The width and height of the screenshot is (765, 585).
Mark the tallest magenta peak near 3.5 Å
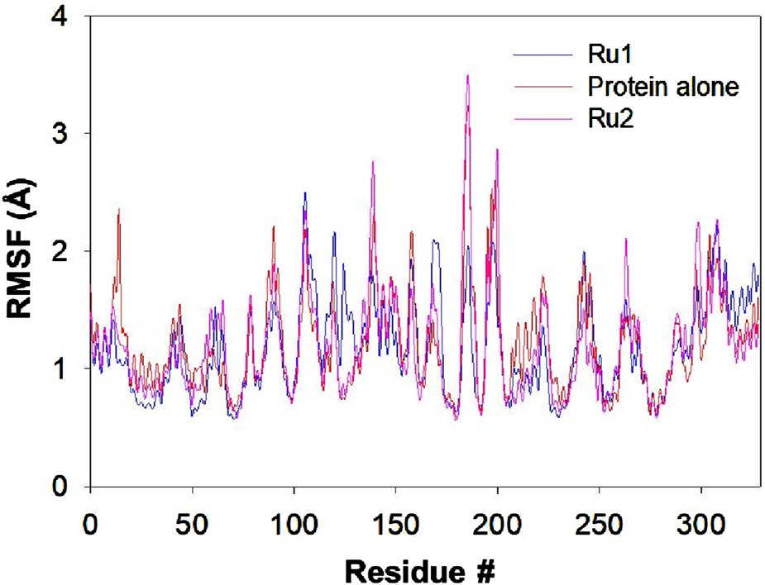[468, 76]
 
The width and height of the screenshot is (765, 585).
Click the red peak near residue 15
[119, 210]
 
